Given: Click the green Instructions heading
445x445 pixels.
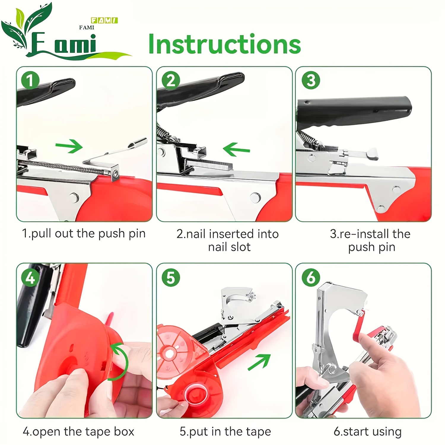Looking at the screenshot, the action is [x=225, y=44].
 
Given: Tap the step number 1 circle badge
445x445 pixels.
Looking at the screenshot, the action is [x=30, y=80].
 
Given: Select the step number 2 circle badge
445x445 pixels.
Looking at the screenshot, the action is [x=171, y=80].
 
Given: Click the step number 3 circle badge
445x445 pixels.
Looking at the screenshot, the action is [x=311, y=80].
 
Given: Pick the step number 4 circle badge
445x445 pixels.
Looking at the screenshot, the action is [x=30, y=278].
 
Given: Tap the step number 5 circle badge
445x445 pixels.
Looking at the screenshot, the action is [x=171, y=278].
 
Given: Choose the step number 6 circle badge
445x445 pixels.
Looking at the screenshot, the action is [x=311, y=278].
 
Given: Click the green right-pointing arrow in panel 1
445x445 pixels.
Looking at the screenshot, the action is [x=69, y=146].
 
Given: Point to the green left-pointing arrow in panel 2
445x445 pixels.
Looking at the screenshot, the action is [x=236, y=149].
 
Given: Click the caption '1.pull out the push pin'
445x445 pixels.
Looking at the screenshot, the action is [x=84, y=234].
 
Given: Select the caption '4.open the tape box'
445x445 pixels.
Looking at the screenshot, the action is [x=79, y=432].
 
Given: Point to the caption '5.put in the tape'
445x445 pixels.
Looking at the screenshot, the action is [x=225, y=432].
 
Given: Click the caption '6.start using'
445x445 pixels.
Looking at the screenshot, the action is [x=368, y=432].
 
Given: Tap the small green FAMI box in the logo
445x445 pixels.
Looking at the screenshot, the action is [x=104, y=20].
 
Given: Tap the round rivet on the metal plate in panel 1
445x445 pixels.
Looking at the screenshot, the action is [x=74, y=196].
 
